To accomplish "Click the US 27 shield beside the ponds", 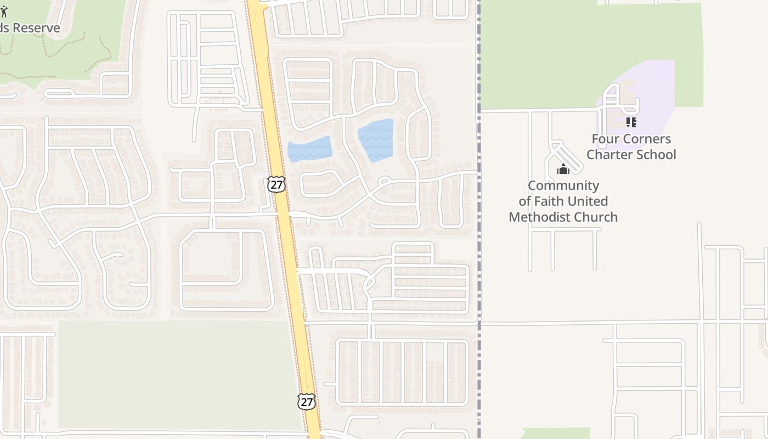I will coord(276,184).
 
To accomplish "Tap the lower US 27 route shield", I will coord(307,401).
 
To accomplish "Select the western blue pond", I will coord(309,149).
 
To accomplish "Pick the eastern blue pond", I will coord(376,139).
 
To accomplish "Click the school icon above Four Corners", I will coord(631,122).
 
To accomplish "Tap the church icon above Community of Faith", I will coord(563,170).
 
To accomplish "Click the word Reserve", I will coord(36,27).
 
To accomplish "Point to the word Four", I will coord(604,139).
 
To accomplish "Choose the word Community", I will coord(563,185).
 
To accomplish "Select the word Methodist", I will coord(540,217).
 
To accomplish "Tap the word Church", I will coord(596,217).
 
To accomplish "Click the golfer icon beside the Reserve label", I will coord(4,12).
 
